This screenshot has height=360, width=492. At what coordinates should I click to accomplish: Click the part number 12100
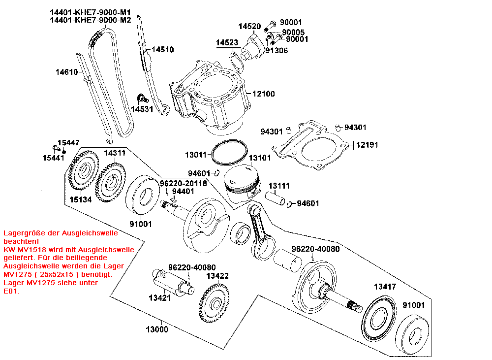pyautogui.click(x=263, y=94)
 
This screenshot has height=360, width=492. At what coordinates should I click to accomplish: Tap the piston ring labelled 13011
pyautogui.click(x=229, y=152)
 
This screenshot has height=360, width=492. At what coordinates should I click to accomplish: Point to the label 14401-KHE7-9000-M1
pyautogui.click(x=91, y=13)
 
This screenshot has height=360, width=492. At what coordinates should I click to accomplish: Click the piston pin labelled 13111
pyautogui.click(x=275, y=199)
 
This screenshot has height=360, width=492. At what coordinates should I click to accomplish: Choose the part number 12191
pyautogui.click(x=367, y=145)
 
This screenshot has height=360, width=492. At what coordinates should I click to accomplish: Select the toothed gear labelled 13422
pyautogui.click(x=214, y=303)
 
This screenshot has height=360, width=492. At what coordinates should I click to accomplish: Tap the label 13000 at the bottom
pyautogui.click(x=157, y=329)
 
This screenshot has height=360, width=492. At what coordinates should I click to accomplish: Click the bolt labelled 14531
pyautogui.click(x=143, y=98)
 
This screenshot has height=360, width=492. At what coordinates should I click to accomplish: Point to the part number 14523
pyautogui.click(x=227, y=42)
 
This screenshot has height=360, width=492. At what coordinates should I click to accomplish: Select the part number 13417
pyautogui.click(x=385, y=287)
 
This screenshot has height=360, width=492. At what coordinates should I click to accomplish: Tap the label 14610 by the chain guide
pyautogui.click(x=66, y=72)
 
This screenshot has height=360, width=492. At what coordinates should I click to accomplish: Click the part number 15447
pyautogui.click(x=68, y=143)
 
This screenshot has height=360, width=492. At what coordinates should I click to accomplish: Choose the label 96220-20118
pyautogui.click(x=183, y=183)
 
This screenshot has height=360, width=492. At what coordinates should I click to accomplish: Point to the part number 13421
pyautogui.click(x=159, y=298)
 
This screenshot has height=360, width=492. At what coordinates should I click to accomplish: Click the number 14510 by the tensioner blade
pyautogui.click(x=162, y=50)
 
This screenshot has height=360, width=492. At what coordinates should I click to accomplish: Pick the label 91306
pyautogui.click(x=277, y=51)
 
